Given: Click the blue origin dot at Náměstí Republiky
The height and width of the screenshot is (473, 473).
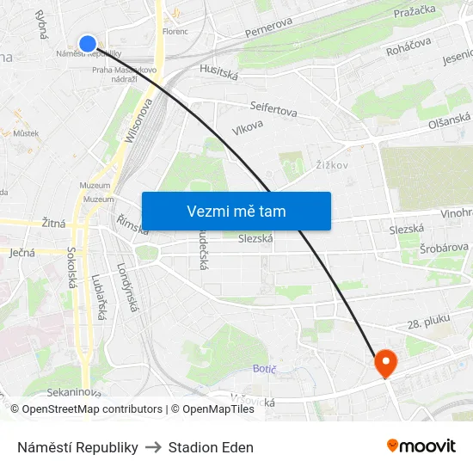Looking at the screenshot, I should coord(88,43).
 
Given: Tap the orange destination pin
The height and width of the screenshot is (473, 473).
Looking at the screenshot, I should coord(384,363).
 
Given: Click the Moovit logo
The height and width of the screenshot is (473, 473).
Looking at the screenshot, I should coord(421,446).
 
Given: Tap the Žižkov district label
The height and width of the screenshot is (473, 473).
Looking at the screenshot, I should coord(331,164).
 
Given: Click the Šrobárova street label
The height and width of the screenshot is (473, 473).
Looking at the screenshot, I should coord(443,250).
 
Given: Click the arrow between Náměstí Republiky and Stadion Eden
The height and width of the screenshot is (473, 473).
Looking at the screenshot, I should coord(153,447).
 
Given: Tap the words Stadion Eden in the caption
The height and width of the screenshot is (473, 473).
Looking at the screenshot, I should coord(211,447).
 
